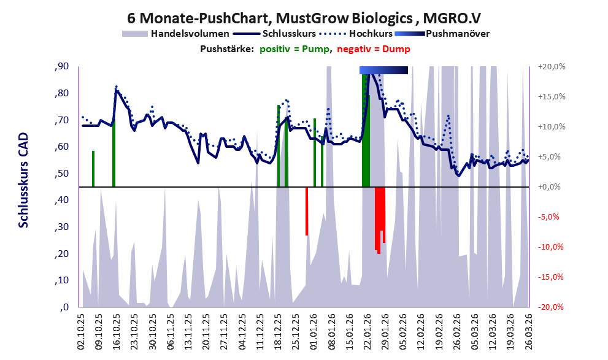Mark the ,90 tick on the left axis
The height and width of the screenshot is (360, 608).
[x=61, y=67]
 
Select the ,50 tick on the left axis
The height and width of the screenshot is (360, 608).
[x=61, y=174]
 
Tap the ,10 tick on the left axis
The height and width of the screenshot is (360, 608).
[x=61, y=281]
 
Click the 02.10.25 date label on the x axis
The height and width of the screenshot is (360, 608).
[x=82, y=331]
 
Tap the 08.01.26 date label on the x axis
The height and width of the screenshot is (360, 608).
[x=332, y=331]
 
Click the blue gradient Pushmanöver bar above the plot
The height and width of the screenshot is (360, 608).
[x=383, y=70]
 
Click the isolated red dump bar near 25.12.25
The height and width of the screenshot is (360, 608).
[x=307, y=211]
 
